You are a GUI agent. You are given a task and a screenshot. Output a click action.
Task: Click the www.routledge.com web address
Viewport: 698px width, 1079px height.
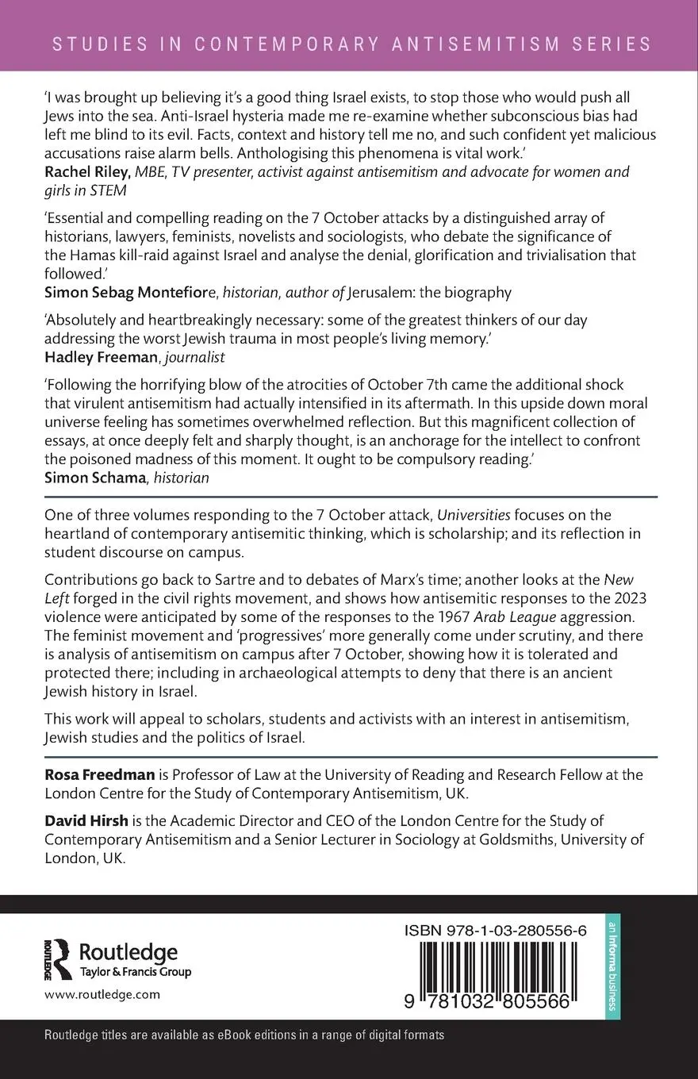[x=102, y=994]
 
